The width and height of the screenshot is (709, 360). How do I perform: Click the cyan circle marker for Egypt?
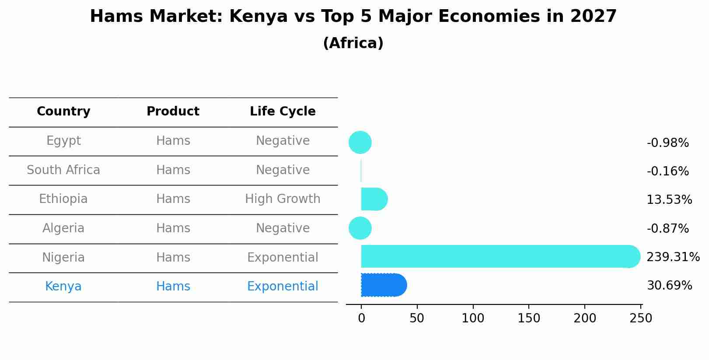click(360, 143)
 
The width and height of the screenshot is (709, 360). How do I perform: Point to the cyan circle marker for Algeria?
click(360, 228)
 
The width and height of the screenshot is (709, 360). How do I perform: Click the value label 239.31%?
click(673, 257)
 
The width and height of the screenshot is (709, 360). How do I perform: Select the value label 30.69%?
click(669, 286)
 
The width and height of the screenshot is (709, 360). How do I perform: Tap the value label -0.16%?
click(667, 171)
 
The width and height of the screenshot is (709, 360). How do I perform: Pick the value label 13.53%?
click(669, 200)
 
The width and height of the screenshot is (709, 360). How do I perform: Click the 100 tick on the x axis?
click(473, 318)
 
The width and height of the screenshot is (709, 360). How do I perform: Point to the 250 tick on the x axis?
click(641, 318)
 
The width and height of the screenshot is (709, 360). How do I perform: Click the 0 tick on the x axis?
click(361, 318)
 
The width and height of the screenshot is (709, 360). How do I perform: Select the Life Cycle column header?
click(283, 112)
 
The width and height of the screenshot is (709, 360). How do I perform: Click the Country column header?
click(63, 112)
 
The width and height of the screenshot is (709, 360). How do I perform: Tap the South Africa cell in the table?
click(63, 170)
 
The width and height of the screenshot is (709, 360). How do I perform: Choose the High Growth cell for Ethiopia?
click(283, 199)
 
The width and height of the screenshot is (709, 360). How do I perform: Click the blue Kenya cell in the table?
click(63, 287)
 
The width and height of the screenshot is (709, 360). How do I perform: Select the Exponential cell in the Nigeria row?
click(283, 258)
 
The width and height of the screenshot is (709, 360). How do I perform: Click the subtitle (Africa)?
click(353, 43)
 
